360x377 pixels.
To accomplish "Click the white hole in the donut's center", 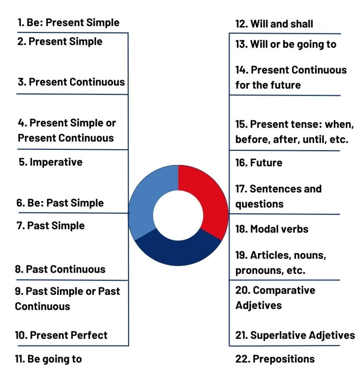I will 178,215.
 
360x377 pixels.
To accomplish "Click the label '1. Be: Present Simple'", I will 68,22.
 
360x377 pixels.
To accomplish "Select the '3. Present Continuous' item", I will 71,82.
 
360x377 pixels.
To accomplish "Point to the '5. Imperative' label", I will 50,162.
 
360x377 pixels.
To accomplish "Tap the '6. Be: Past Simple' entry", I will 60,203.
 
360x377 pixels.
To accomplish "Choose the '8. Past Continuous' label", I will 60,269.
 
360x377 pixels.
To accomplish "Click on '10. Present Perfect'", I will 61,335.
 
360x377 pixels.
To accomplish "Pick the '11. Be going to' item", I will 48,359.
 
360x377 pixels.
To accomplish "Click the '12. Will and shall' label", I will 274,24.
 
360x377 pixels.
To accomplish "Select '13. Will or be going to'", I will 286,45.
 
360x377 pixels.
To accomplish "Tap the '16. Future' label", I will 259,163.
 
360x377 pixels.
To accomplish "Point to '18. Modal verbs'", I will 272,229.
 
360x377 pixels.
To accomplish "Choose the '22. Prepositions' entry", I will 275,359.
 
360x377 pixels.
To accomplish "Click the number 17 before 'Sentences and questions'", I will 241,189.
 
